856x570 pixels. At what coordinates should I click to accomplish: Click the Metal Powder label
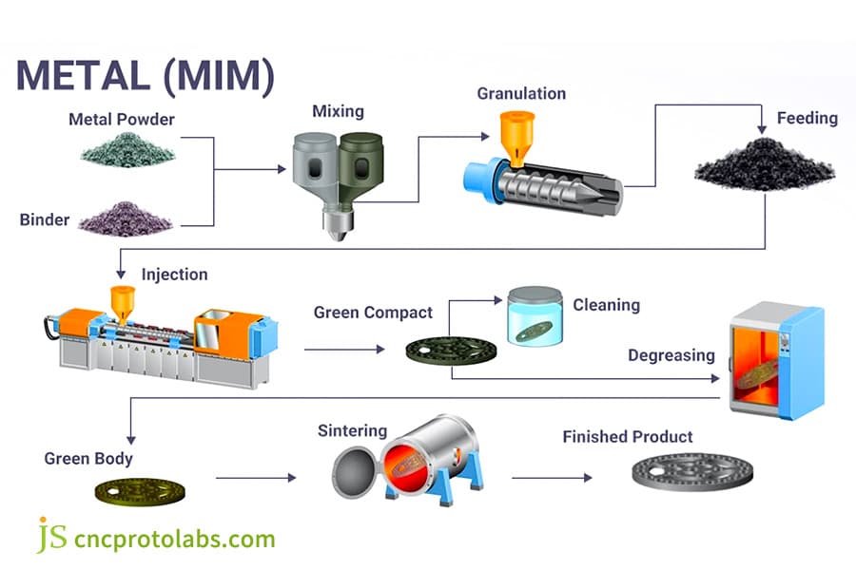click(x=122, y=120)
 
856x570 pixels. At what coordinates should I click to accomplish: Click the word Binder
click(x=45, y=219)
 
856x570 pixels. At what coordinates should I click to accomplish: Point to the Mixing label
click(x=339, y=111)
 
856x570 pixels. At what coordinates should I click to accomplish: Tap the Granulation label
click(x=521, y=93)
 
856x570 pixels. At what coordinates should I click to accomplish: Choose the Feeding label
click(x=807, y=118)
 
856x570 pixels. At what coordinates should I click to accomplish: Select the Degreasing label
click(x=671, y=355)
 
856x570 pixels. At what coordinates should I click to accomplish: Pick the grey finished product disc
click(x=693, y=470)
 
